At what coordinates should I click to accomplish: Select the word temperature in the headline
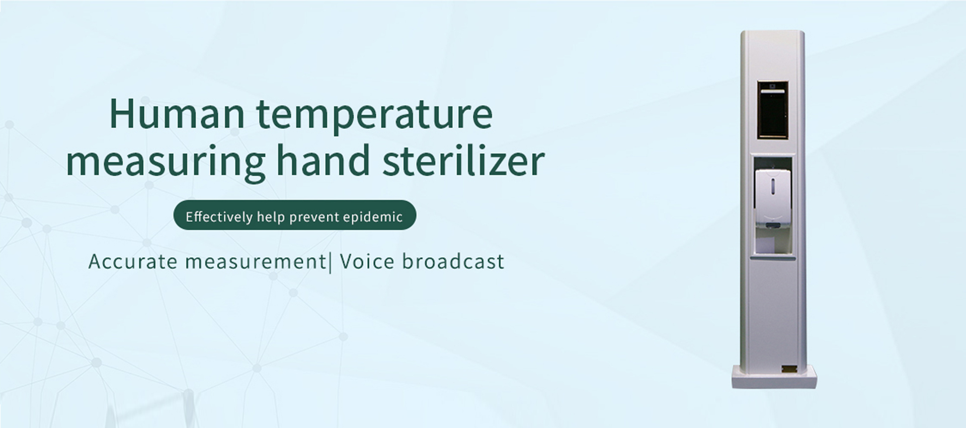pyautogui.click(x=375, y=116)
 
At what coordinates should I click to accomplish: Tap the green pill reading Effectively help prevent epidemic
pyautogui.click(x=295, y=215)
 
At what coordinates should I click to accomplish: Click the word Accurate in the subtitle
pyautogui.click(x=133, y=262)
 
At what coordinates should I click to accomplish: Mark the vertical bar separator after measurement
pyautogui.click(x=330, y=262)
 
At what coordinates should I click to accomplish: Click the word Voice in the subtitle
pyautogui.click(x=367, y=262)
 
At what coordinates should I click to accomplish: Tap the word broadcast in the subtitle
pyautogui.click(x=453, y=261)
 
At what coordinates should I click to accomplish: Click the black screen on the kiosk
pyautogui.click(x=773, y=110)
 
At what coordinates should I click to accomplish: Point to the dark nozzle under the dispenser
pyautogui.click(x=773, y=225)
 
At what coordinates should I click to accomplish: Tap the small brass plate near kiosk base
pyautogui.click(x=788, y=369)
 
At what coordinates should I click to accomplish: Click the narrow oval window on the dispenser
pyautogui.click(x=773, y=187)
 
